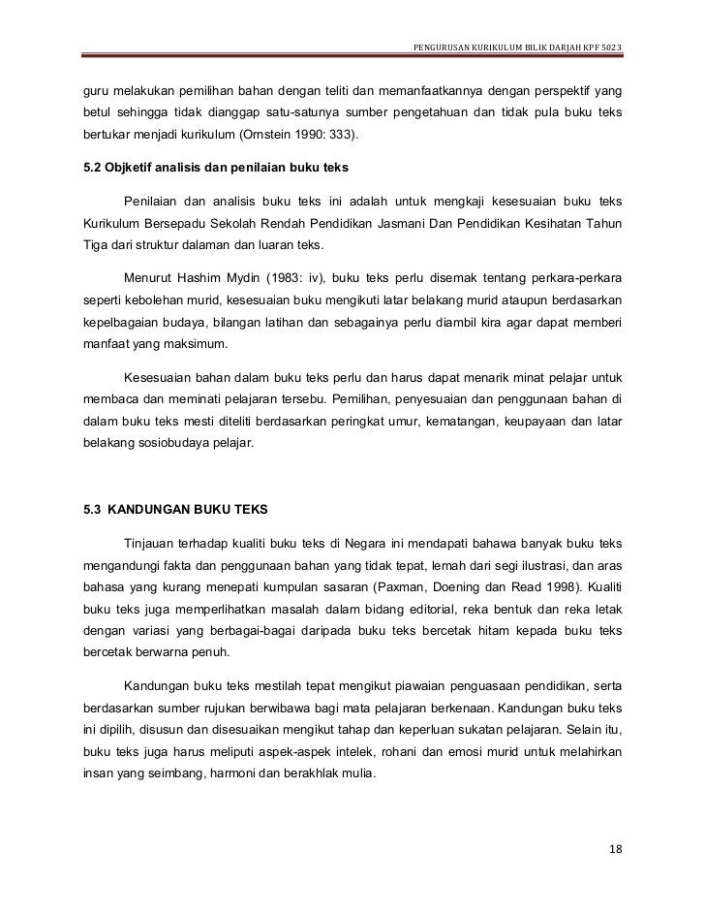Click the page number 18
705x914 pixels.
[x=616, y=850]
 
